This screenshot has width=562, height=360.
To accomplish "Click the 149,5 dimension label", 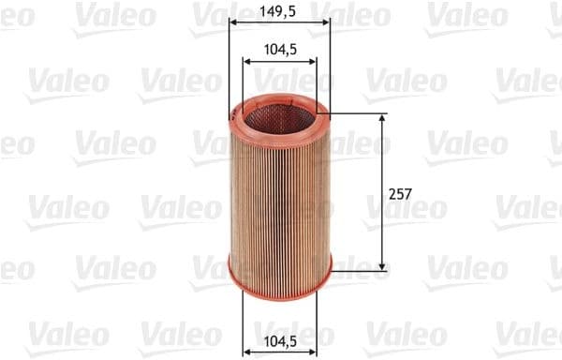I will coord(279,11).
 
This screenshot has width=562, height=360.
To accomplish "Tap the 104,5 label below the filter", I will coord(279,343).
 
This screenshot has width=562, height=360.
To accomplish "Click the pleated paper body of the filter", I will coord(279,197).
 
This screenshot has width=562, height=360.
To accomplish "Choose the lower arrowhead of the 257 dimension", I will coord(382,267).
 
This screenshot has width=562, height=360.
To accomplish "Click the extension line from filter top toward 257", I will coord(361,114).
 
